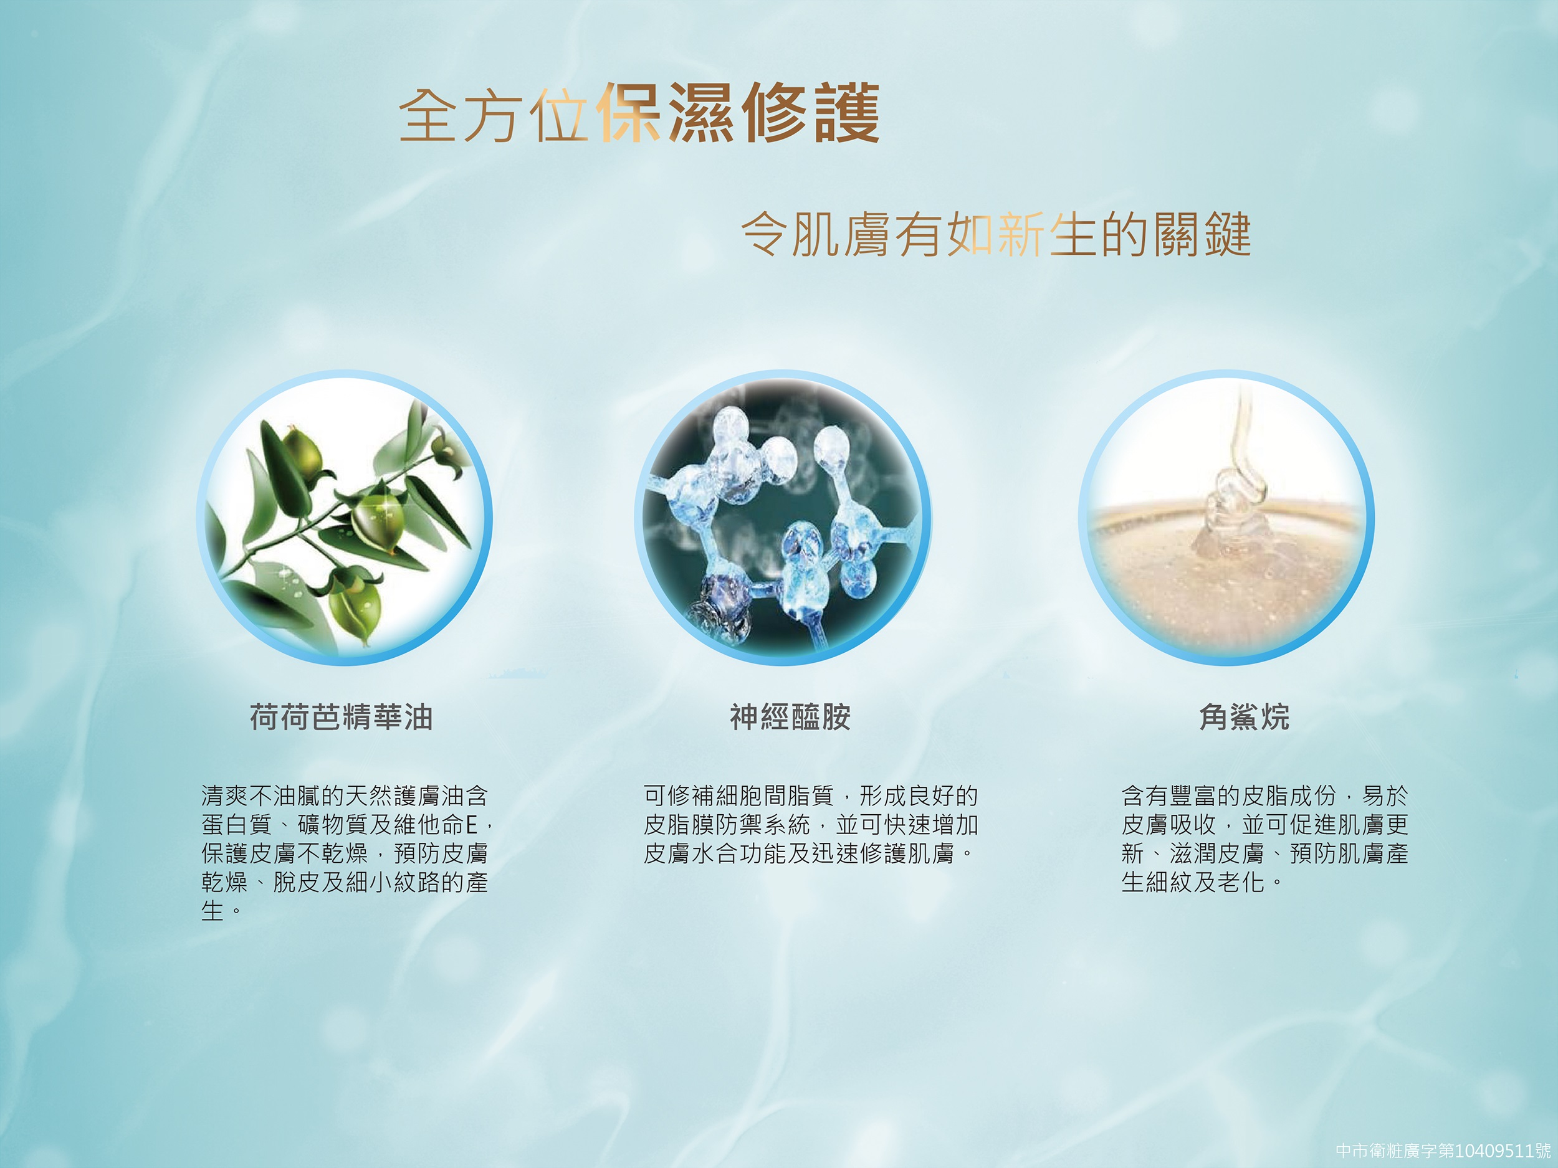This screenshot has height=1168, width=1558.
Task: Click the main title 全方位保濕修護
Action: tap(639, 113)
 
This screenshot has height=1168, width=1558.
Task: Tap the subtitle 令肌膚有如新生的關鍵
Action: tap(996, 234)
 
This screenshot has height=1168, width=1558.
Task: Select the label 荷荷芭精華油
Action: tap(342, 717)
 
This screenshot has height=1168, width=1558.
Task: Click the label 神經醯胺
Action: tap(790, 717)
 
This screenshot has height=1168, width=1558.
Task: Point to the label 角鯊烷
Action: tap(1245, 717)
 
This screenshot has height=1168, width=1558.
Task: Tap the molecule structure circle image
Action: tap(783, 519)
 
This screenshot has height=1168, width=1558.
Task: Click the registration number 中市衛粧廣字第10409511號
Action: tap(1443, 1151)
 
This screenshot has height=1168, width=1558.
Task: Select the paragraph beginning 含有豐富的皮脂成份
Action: tap(1265, 838)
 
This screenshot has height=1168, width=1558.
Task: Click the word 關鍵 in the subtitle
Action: tap(1201, 234)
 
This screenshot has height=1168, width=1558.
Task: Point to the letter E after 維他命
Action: tap(471, 824)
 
